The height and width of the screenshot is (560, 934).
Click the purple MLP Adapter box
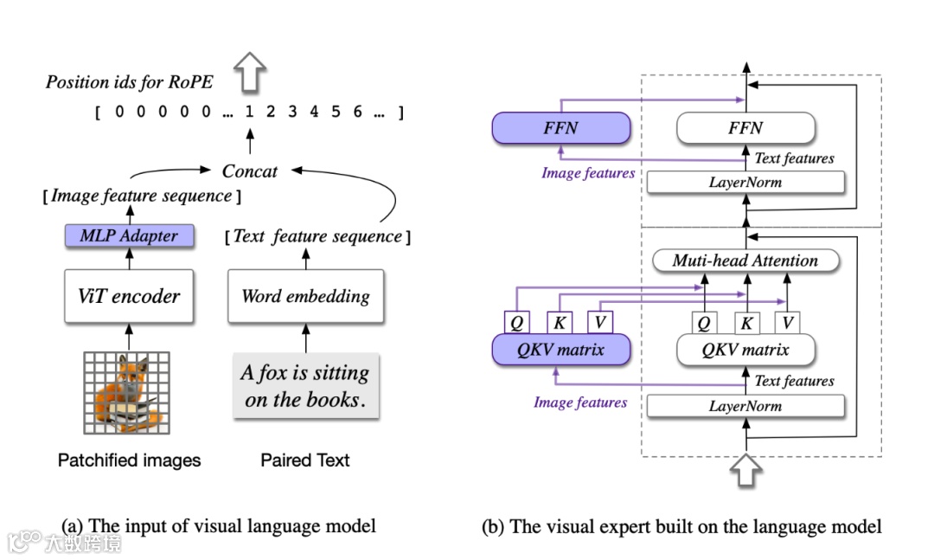[130, 235]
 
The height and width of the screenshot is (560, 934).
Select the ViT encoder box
[129, 296]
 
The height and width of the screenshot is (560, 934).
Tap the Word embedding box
[305, 296]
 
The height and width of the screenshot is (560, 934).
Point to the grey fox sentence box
[305, 386]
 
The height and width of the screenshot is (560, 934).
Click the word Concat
[250, 171]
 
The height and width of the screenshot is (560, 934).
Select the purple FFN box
[560, 128]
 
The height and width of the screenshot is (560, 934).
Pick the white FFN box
[745, 128]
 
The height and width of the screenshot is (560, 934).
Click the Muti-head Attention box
[745, 261]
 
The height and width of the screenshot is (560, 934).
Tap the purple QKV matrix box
[560, 351]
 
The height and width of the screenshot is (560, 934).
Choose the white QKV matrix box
[745, 351]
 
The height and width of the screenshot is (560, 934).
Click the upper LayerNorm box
[745, 183]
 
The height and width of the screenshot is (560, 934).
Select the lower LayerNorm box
[745, 406]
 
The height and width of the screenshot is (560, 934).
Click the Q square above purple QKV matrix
[516, 324]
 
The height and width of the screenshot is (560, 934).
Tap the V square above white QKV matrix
[786, 324]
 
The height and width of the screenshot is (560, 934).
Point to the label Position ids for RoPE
[129, 83]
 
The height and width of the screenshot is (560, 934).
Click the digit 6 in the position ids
[357, 112]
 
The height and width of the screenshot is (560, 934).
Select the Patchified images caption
[129, 460]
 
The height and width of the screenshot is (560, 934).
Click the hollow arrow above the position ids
[251, 72]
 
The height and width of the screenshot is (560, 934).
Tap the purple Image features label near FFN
[588, 173]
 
